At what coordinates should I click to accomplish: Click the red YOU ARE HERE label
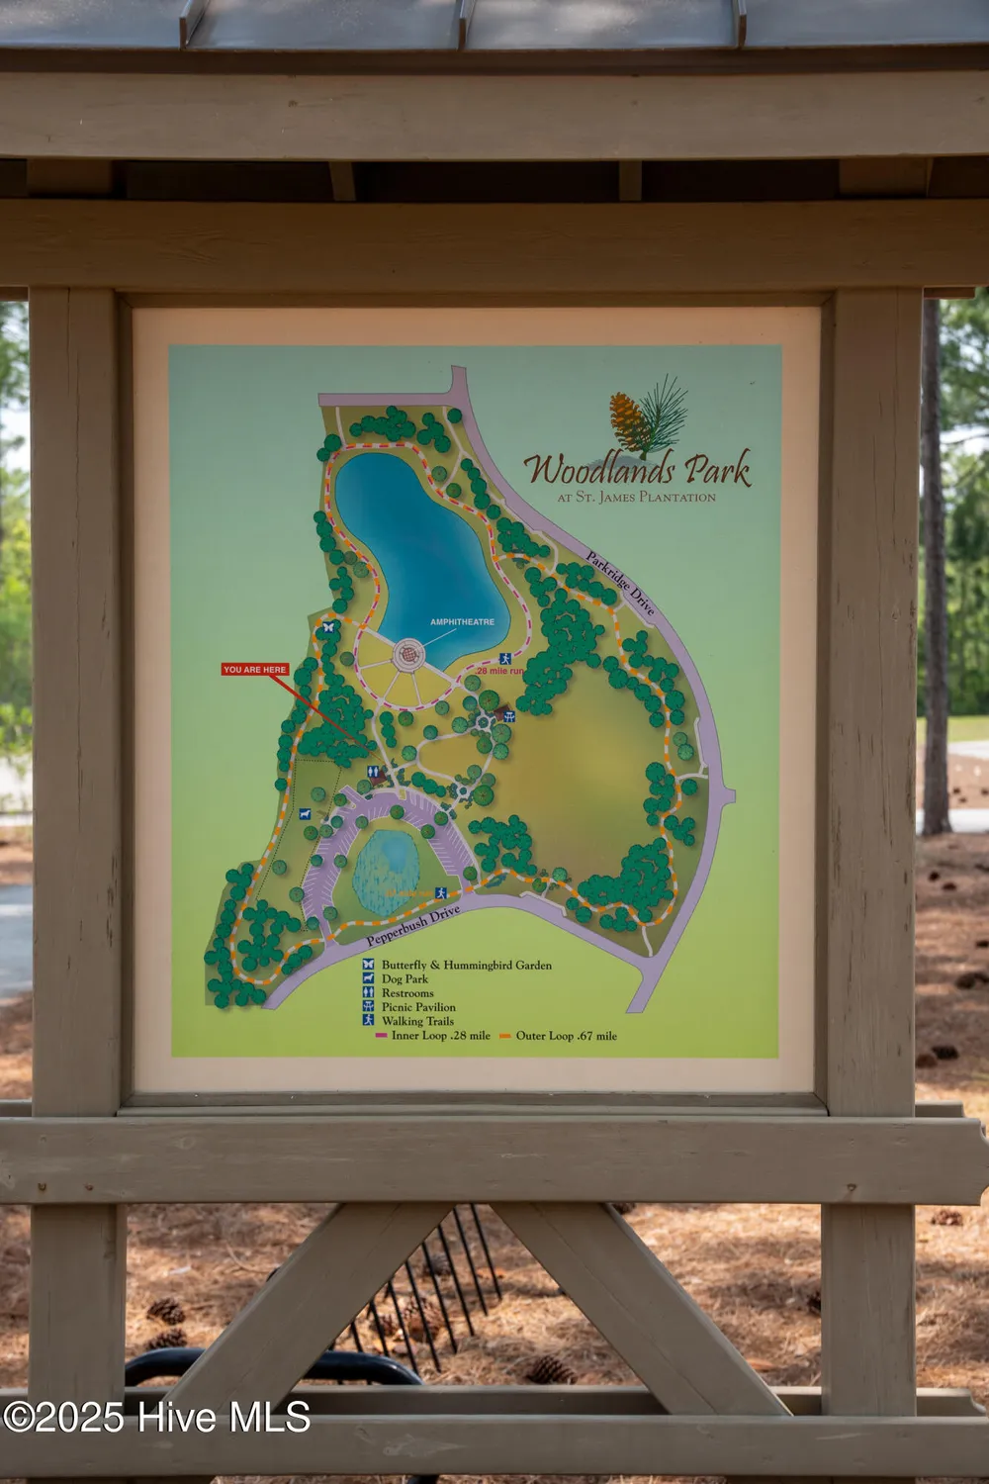tap(255, 670)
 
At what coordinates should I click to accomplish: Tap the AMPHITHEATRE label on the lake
tap(462, 622)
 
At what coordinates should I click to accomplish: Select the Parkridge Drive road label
tap(620, 584)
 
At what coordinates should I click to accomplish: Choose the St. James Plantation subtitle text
tap(636, 498)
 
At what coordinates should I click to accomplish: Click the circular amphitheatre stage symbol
tap(408, 654)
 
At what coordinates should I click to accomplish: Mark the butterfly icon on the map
tap(328, 626)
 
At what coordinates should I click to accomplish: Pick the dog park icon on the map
tap(305, 814)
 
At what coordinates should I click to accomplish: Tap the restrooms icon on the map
tap(374, 773)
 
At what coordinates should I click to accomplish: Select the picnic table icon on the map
tap(508, 715)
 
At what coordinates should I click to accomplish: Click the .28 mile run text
tap(499, 671)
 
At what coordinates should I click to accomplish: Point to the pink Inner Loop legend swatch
tap(381, 1036)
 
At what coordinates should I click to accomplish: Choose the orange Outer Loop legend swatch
tap(505, 1036)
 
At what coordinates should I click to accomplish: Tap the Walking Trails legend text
tap(417, 1021)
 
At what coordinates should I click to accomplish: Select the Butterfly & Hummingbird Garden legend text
tap(466, 965)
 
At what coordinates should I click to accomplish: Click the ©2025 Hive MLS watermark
tap(156, 1417)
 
